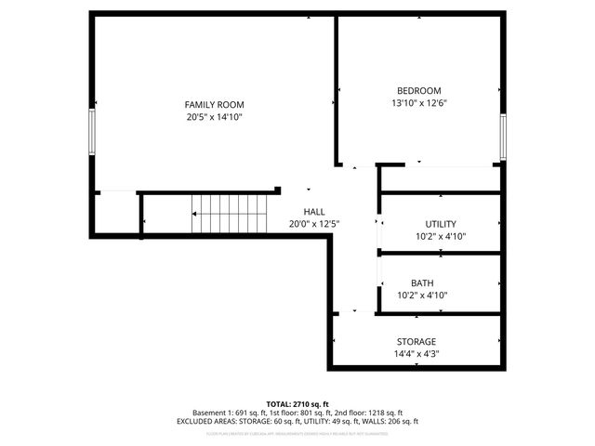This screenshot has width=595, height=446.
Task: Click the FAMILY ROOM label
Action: (213, 105)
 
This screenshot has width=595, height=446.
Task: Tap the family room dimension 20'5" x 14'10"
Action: (213, 118)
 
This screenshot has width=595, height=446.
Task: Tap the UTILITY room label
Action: (441, 225)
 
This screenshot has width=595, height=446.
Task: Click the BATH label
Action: (422, 283)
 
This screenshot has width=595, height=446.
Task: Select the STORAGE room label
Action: (416, 342)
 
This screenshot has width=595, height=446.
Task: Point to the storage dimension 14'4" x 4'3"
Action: (416, 354)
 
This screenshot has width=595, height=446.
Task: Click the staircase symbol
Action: (229, 215)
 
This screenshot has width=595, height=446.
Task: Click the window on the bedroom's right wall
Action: (503, 136)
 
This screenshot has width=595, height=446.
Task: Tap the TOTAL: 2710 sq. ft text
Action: (297, 404)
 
